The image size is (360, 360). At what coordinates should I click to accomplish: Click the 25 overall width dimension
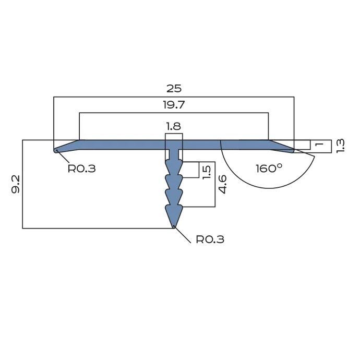pyautogui.click(x=174, y=88)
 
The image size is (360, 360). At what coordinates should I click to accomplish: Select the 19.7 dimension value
pyautogui.click(x=174, y=104)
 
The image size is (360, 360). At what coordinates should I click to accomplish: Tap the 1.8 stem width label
pyautogui.click(x=174, y=126)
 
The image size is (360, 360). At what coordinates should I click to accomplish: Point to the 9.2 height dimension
pyautogui.click(x=15, y=184)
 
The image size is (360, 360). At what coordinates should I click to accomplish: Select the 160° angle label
pyautogui.click(x=269, y=168)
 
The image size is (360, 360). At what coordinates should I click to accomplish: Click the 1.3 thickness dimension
pyautogui.click(x=340, y=146)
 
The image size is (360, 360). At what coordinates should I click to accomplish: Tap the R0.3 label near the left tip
pyautogui.click(x=82, y=169)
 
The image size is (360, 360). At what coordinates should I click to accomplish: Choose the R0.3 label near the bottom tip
pyautogui.click(x=210, y=239)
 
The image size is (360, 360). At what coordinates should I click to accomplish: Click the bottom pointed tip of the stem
pyautogui.click(x=174, y=225)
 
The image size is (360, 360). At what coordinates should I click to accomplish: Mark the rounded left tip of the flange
pyautogui.click(x=56, y=151)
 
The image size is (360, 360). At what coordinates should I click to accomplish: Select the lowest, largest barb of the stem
pyautogui.click(x=174, y=214)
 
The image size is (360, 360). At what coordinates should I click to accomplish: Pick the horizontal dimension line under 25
pyautogui.click(x=174, y=97)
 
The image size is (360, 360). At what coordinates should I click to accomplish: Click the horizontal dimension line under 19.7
pyautogui.click(x=174, y=113)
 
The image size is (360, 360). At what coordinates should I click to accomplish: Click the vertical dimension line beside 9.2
pyautogui.click(x=22, y=184)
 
